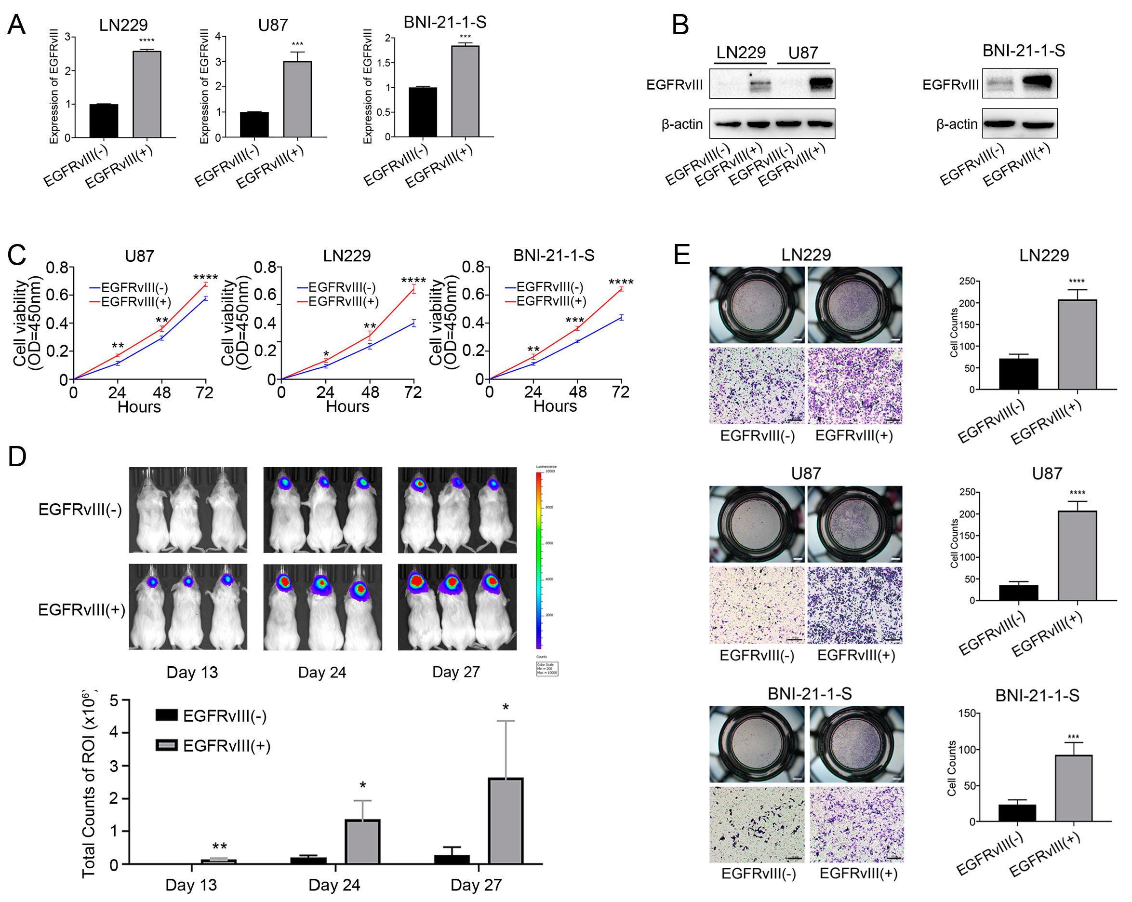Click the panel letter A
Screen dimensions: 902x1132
click(16, 25)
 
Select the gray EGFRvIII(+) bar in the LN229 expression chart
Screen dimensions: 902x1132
click(146, 94)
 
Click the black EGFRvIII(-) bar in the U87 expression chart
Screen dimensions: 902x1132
click(254, 124)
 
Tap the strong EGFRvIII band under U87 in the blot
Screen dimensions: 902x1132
click(821, 83)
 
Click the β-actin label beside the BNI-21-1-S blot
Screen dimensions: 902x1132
click(956, 124)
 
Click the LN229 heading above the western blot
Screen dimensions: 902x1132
click(740, 53)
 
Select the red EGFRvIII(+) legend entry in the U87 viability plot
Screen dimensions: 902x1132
click(131, 301)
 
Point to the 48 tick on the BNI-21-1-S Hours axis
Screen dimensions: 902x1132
click(577, 392)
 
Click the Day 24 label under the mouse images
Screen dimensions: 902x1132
click(322, 673)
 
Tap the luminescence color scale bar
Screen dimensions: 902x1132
click(539, 560)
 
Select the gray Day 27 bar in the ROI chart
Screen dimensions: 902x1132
click(505, 821)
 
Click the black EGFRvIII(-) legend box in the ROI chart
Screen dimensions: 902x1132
click(167, 715)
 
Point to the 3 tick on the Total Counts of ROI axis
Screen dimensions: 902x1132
click(114, 766)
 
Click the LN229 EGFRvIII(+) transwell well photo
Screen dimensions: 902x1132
click(854, 305)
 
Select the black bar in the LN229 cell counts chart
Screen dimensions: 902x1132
click(1018, 374)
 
